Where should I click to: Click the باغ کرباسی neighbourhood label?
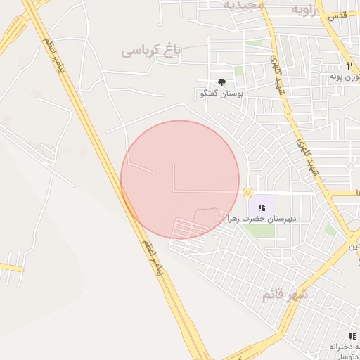tap(151, 51)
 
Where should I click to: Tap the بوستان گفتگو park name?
tap(221, 93)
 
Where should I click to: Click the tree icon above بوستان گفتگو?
tap(221, 82)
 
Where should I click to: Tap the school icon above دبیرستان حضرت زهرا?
tap(262, 207)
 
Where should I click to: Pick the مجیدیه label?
tap(244, 5)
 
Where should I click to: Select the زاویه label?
tap(290, 10)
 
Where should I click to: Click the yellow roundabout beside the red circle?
tap(247, 193)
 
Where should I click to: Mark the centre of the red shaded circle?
tap(180, 179)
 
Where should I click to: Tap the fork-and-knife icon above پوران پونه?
tap(340, 65)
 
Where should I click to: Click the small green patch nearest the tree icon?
tap(239, 71)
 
